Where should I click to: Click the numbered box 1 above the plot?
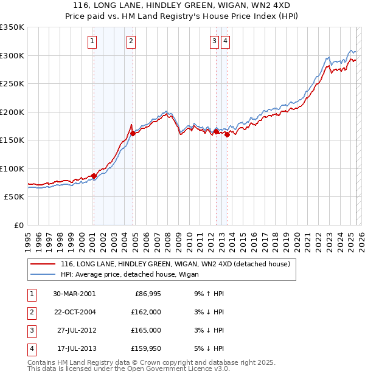[92, 41]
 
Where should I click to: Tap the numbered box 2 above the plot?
[131, 41]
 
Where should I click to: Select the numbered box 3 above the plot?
[215, 41]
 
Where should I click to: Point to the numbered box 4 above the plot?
[225, 41]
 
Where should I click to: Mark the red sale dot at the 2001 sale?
[94, 176]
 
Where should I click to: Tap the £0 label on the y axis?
[18, 225]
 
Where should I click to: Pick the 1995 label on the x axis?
[28, 239]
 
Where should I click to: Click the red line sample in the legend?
[43, 265]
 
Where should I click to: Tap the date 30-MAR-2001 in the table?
[74, 294]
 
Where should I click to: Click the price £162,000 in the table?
[146, 312]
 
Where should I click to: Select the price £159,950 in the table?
[146, 348]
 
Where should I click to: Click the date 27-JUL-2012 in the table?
[77, 330]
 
